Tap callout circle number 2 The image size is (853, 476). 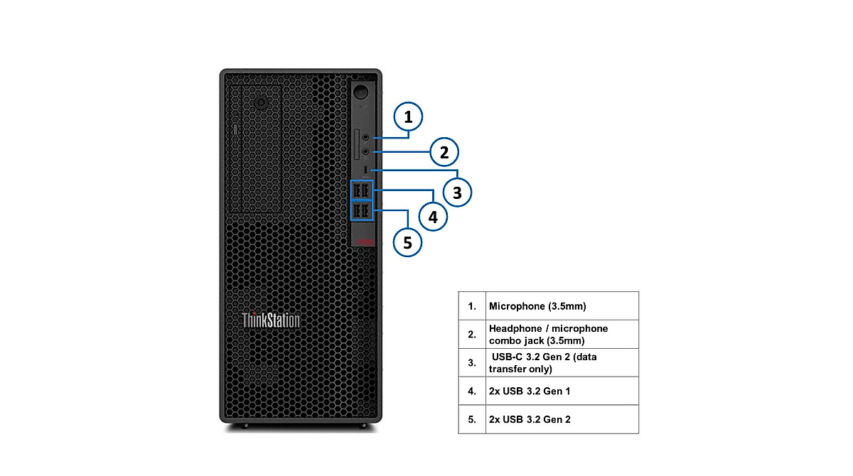[444, 152]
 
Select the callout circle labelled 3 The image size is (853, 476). [457, 192]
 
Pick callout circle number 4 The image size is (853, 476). [433, 215]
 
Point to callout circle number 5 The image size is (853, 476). [407, 242]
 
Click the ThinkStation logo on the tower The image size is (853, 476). [271, 320]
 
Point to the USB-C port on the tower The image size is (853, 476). [365, 171]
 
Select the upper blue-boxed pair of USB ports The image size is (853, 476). [361, 190]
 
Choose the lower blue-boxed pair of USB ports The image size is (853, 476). [361, 212]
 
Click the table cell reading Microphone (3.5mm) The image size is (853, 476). [562, 306]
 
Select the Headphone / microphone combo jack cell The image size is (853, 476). [562, 334]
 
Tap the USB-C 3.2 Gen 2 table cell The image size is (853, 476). [562, 362]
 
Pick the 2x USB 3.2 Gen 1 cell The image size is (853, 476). [562, 391]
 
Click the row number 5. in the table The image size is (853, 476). [472, 419]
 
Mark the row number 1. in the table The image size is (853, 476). [472, 306]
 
